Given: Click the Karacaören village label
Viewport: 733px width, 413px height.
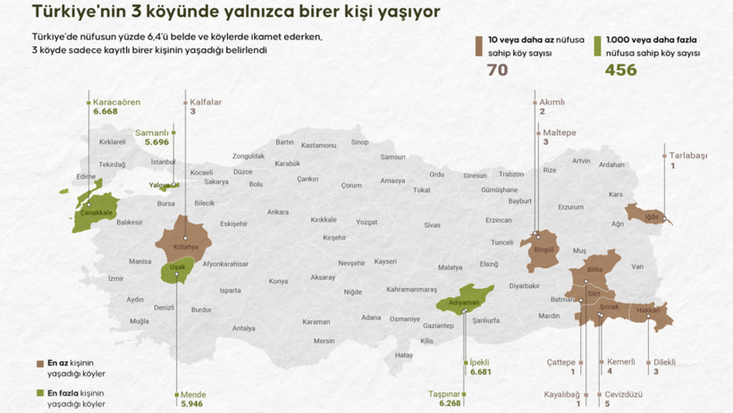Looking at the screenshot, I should pos(116,103).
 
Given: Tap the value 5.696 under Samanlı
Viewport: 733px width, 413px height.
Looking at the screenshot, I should pos(156,142).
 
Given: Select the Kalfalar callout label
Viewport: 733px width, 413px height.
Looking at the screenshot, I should pos(206,103).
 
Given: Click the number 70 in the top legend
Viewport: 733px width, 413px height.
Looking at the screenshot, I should pos(497,70).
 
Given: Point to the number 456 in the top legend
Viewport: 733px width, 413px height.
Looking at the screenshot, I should pos(621,70).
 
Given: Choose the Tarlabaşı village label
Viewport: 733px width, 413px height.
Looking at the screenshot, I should pos(688,156).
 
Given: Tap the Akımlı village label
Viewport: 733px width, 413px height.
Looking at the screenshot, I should pos(552,103).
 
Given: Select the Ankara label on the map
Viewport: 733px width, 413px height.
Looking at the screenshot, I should pos(278,212).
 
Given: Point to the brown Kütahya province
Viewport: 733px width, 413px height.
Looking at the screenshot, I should pos(185,237).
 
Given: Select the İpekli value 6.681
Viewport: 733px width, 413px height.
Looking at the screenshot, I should pos(480,372).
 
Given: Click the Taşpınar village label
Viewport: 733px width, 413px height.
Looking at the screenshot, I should pos(444,393).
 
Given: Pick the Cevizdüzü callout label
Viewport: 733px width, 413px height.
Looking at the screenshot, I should pos(624,393).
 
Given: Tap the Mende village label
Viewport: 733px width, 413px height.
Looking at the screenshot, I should pos(193,394).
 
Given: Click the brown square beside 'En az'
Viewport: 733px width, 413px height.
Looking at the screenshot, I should pos(40,364).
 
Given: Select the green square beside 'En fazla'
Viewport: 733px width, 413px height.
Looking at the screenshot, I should pos(40,393).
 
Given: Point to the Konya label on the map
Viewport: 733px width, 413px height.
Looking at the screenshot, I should pos(279,281).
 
